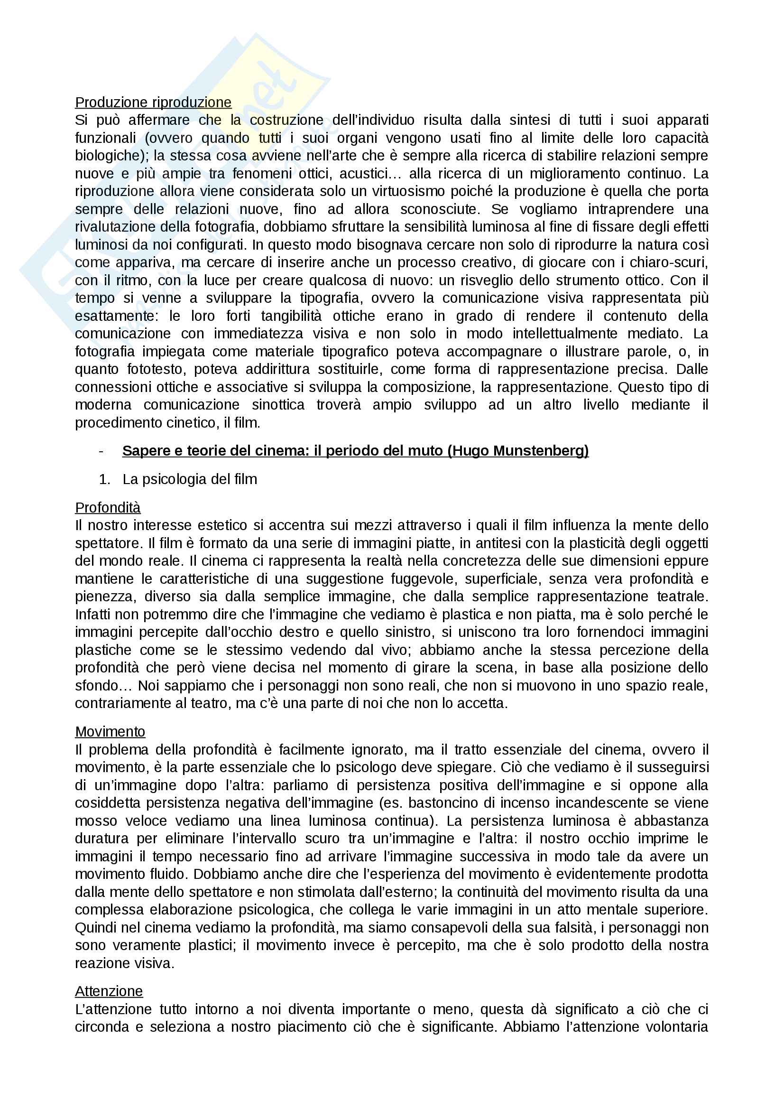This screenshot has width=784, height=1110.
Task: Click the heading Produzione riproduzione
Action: pos(153,103)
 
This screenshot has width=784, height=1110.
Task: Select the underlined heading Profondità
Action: pos(108,508)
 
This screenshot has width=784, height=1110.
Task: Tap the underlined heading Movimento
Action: pos(110,732)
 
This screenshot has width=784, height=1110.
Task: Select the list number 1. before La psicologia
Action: pos(104,479)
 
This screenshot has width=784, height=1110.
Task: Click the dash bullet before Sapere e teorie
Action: pos(101,451)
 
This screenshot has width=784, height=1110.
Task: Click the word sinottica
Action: pos(278,405)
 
